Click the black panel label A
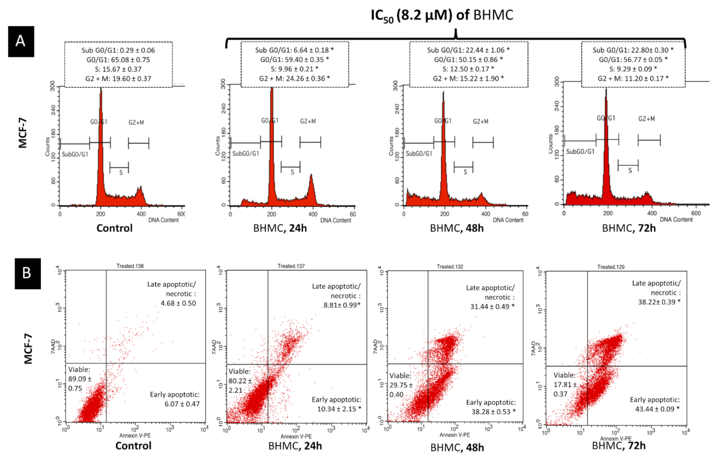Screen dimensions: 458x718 pos(21,41)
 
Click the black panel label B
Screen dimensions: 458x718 pos(27,273)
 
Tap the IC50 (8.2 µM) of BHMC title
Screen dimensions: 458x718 pos(442,15)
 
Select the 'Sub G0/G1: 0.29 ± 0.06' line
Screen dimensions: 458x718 pos(118,50)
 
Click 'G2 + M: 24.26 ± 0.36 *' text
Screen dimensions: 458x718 pos(294,78)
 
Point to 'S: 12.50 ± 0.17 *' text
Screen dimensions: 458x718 pos(468,69)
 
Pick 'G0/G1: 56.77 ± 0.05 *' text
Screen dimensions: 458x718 pos(633,59)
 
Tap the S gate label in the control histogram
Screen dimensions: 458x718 pos(121,173)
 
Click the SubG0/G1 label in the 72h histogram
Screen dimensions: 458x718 pos(580,152)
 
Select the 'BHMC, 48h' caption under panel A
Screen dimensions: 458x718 pos(457,228)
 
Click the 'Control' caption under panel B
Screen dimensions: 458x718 pos(133,446)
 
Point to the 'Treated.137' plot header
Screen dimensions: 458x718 pos(291,266)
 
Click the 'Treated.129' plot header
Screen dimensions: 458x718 pos(610,267)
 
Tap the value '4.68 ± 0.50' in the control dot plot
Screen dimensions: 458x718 pos(178,303)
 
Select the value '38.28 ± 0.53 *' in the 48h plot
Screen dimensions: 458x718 pos(493,412)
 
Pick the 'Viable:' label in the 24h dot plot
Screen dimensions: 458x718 pos(239,371)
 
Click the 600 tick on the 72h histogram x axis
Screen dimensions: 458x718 pos(696,213)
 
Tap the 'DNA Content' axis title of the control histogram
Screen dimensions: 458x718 pos(163,220)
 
